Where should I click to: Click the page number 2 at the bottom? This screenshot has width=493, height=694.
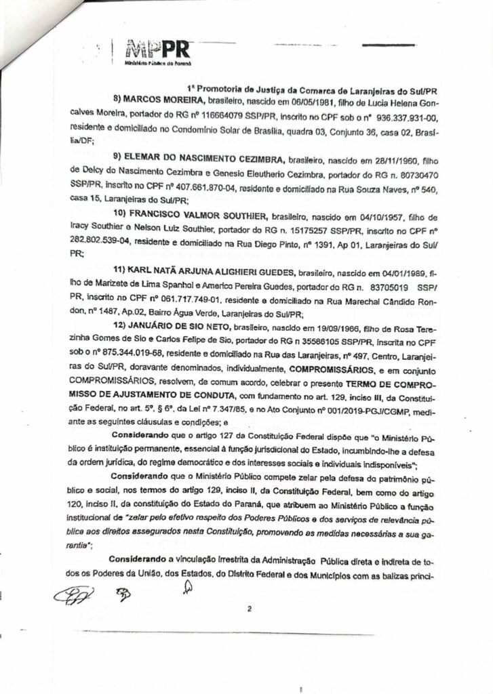click(250, 609)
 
